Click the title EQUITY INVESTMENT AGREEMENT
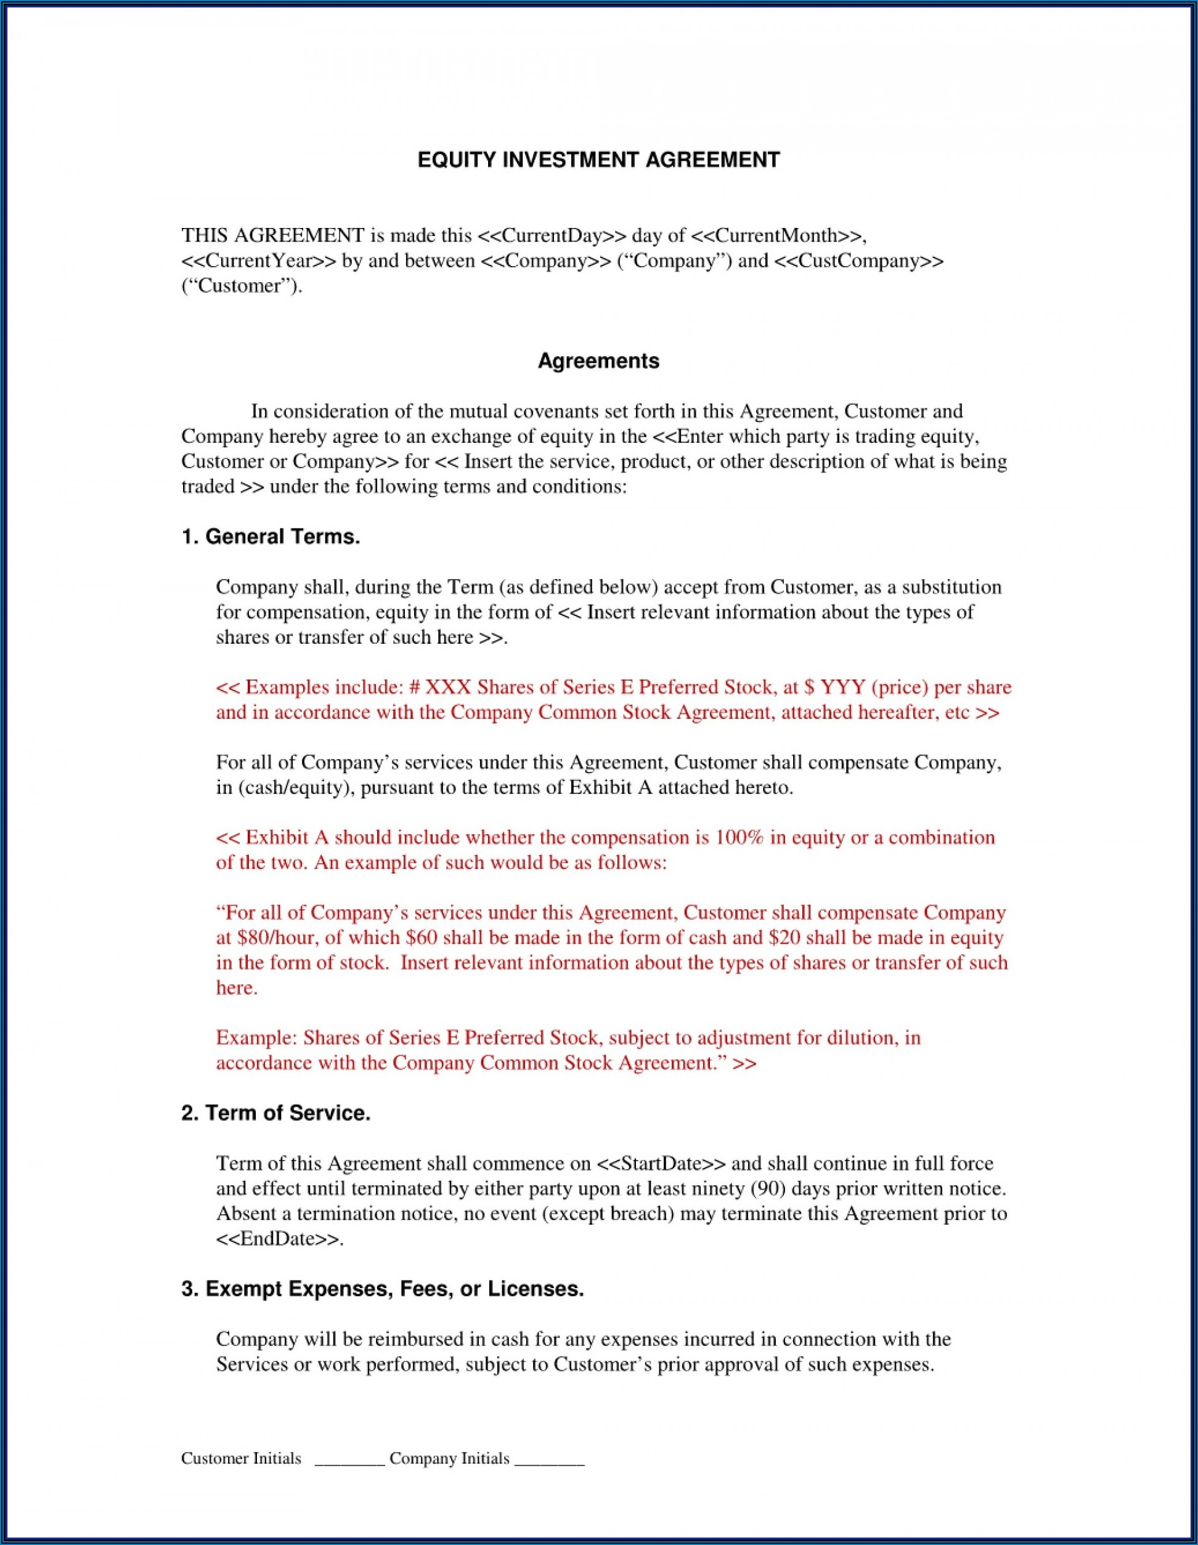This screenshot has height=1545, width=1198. point(598,160)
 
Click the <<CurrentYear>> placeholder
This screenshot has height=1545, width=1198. point(258,261)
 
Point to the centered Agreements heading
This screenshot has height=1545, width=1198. point(598,361)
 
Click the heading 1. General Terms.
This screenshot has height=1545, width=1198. point(271,537)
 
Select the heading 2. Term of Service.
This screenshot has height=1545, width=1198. point(276,1114)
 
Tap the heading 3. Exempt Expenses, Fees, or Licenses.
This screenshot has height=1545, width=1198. point(382,1289)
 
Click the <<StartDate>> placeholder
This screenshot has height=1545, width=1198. point(661,1164)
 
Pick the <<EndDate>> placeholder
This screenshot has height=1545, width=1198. point(278,1239)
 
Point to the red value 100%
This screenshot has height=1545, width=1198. point(740,838)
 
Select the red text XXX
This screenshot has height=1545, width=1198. point(448,687)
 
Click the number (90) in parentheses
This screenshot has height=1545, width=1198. point(765,1189)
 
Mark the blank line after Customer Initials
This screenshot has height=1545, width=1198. point(349,1460)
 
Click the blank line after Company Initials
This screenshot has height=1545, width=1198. point(549,1460)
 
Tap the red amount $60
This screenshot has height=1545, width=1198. point(422,938)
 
